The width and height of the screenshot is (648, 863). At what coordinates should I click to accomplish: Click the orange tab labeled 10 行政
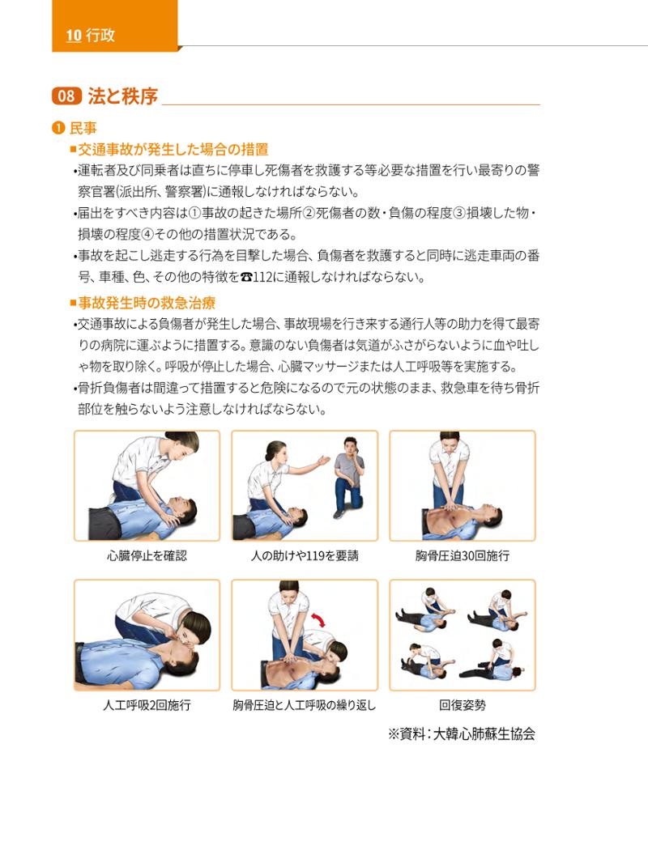click(114, 26)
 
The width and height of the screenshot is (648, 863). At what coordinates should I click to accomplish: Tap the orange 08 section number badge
click(66, 96)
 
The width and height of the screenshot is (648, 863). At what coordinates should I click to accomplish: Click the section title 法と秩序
click(123, 96)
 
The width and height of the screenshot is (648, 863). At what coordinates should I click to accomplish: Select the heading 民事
click(83, 128)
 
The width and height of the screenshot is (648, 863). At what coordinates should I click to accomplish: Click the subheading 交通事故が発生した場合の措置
click(173, 149)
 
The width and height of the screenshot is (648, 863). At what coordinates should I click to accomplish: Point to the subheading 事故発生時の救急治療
click(147, 303)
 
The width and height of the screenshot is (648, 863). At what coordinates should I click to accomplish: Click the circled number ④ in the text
click(147, 235)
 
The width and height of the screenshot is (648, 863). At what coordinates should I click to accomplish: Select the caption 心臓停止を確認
click(147, 556)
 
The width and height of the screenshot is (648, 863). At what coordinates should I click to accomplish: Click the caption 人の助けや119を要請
click(305, 556)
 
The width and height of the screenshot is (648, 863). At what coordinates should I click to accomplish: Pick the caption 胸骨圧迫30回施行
click(463, 556)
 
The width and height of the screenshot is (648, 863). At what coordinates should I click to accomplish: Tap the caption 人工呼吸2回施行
click(147, 705)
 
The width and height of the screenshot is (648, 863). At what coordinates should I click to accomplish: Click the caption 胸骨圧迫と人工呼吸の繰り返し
click(305, 705)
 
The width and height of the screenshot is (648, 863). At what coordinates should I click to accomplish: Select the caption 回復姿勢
click(463, 705)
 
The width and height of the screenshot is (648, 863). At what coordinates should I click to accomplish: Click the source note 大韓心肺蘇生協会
click(484, 733)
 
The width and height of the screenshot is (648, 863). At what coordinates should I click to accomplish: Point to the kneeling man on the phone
click(349, 478)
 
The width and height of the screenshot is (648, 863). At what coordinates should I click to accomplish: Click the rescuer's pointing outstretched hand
click(324, 460)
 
